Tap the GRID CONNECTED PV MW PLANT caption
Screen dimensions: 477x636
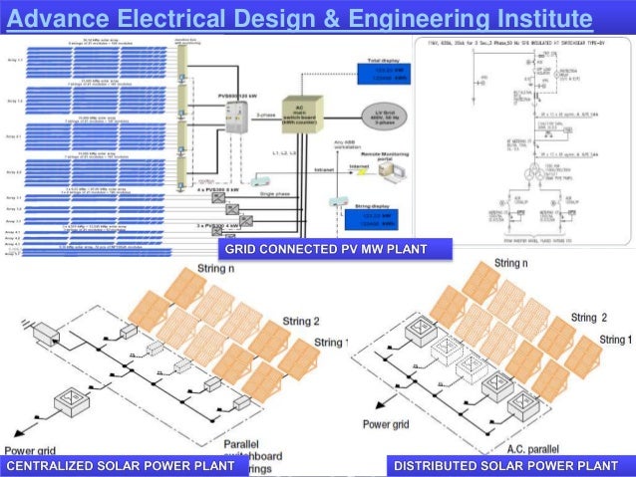click(x=326, y=248)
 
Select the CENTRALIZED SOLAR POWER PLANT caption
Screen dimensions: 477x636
click(x=121, y=465)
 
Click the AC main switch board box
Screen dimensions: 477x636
click(x=299, y=113)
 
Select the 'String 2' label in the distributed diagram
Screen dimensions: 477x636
click(x=589, y=318)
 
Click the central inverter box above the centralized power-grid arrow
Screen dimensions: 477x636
click(x=73, y=400)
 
